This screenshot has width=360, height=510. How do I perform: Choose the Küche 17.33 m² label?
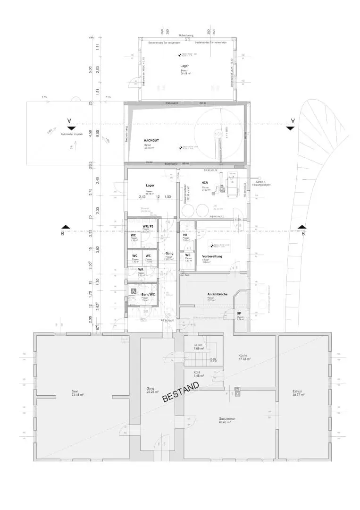click(x=244, y=357)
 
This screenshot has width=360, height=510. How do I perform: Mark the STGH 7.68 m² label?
click(x=198, y=347)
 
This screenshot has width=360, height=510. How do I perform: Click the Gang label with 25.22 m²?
click(x=150, y=390)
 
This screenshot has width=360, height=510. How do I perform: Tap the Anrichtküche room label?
click(x=217, y=294)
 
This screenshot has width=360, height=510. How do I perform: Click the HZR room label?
click(x=205, y=183)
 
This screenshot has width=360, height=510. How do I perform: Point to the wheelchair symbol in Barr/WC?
click(x=134, y=291)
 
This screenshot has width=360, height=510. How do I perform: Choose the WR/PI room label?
click(x=148, y=227)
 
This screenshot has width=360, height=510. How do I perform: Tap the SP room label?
click(x=239, y=313)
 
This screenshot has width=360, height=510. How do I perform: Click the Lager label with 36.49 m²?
click(x=184, y=66)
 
